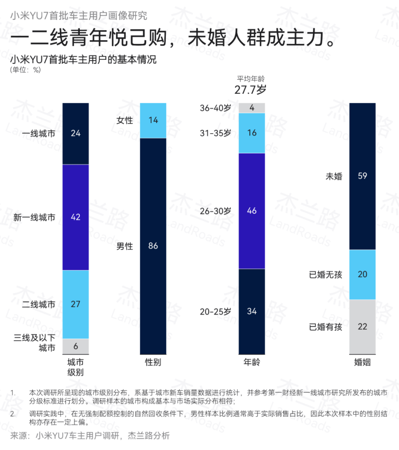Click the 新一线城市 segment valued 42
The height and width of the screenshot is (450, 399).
(x=76, y=217)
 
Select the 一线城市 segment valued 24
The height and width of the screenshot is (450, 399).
(x=76, y=133)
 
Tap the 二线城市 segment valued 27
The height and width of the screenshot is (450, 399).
(x=76, y=304)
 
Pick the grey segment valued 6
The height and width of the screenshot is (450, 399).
(x=76, y=345)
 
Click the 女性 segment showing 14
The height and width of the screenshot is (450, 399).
(x=153, y=120)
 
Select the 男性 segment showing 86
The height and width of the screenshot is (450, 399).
(x=153, y=246)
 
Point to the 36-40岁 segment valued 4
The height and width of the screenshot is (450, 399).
(x=252, y=108)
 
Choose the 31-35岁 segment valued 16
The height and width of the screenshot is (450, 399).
(x=252, y=133)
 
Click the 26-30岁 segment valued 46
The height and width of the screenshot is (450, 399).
(x=252, y=211)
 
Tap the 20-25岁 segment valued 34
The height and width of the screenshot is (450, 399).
(x=252, y=311)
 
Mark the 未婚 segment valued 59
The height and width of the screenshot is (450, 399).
(x=362, y=176)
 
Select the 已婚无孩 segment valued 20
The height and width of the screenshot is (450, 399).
(x=362, y=274)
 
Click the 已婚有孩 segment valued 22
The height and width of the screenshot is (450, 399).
(x=362, y=327)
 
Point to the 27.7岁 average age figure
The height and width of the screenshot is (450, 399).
(x=250, y=89)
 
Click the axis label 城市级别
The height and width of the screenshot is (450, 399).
(x=76, y=367)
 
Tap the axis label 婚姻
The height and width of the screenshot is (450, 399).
(x=362, y=362)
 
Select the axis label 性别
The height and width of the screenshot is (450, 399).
(x=153, y=362)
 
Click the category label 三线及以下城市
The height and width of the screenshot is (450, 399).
(x=34, y=343)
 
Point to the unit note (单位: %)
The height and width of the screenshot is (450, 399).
(x=25, y=70)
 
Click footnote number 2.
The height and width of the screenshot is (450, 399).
(x=13, y=414)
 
